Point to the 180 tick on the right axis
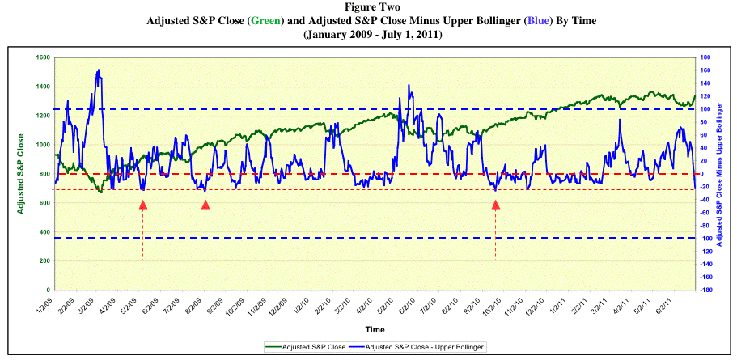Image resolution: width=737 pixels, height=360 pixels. (x=705, y=57)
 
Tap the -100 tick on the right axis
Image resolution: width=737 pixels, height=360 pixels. (x=705, y=238)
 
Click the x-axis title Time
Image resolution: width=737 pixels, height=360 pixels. (x=375, y=330)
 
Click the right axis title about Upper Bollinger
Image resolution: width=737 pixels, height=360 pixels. (x=721, y=174)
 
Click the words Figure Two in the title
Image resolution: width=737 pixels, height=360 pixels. (x=369, y=7)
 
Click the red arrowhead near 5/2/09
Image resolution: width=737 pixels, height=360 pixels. (x=143, y=205)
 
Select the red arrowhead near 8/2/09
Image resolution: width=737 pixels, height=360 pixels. (x=205, y=205)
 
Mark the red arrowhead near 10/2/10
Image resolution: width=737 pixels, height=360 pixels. (x=496, y=205)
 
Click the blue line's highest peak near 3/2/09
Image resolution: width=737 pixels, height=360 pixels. (x=99, y=70)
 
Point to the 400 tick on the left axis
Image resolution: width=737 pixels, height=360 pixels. (x=42, y=231)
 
